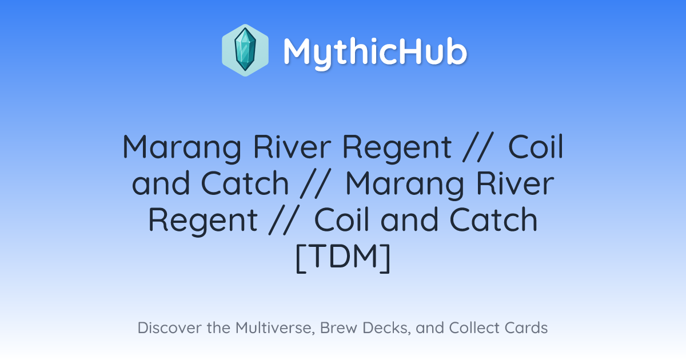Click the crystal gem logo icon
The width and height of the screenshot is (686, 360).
(x=245, y=50)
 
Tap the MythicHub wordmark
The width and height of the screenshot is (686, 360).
(x=375, y=53)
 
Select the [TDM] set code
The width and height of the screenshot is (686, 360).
(x=343, y=258)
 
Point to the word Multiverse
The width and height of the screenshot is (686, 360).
(x=276, y=328)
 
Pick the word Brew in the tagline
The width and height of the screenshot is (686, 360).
(x=338, y=327)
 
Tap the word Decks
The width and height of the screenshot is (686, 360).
(x=387, y=328)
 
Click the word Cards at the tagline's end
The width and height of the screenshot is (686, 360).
(x=526, y=327)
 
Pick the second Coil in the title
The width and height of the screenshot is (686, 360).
(x=341, y=220)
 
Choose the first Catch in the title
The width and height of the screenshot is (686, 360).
(x=245, y=183)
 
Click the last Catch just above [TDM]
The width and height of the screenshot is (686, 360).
(x=493, y=220)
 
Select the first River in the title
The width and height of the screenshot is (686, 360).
(x=292, y=147)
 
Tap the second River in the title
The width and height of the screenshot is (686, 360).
(x=515, y=183)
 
